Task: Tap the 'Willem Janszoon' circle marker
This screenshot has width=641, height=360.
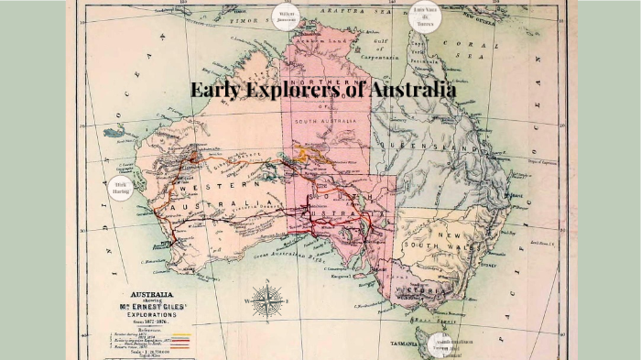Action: (287, 16)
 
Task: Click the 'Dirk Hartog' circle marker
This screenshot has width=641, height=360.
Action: (121, 188)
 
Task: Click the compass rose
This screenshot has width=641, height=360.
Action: (266, 300)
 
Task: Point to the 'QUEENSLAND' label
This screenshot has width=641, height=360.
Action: (429, 147)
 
